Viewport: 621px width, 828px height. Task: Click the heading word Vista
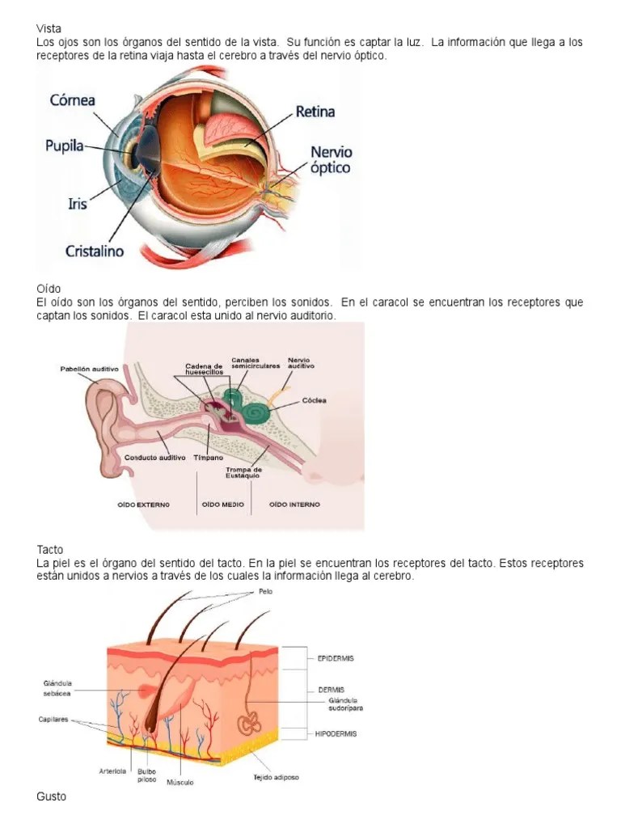tap(49, 28)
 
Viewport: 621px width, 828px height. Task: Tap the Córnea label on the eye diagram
tap(73, 101)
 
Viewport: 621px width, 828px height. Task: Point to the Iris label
tap(77, 204)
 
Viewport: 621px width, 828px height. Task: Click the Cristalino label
tap(95, 251)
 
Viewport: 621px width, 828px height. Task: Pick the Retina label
tap(315, 112)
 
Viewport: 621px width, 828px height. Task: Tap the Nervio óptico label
tap(332, 160)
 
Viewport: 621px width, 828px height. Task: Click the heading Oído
tap(49, 289)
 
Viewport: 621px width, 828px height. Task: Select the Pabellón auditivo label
tap(89, 369)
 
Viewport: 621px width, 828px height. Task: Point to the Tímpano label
tap(207, 458)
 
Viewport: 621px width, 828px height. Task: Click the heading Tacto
tap(50, 550)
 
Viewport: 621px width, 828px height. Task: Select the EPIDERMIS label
tap(330, 658)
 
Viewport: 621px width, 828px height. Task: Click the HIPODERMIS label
tap(331, 734)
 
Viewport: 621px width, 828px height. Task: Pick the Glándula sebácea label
tap(57, 688)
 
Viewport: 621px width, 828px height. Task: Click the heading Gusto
tap(52, 796)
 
